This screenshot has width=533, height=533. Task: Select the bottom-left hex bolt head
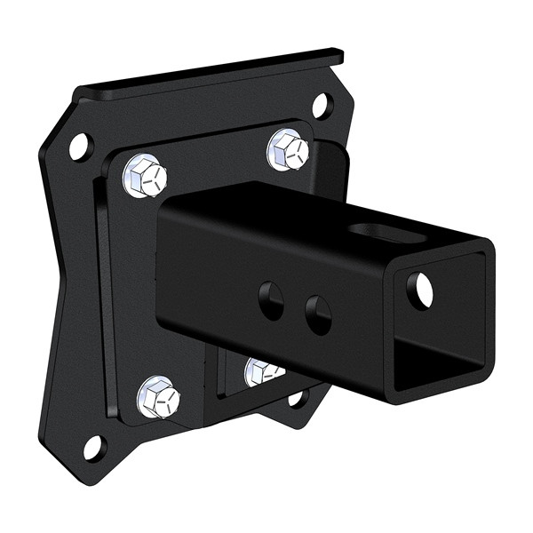[x=159, y=396]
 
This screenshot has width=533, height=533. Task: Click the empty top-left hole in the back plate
[x=79, y=145]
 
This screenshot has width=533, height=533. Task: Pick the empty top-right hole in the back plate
[x=322, y=106]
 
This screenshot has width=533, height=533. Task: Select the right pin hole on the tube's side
[x=317, y=314]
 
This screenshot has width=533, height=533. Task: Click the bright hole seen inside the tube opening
[x=423, y=290]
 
